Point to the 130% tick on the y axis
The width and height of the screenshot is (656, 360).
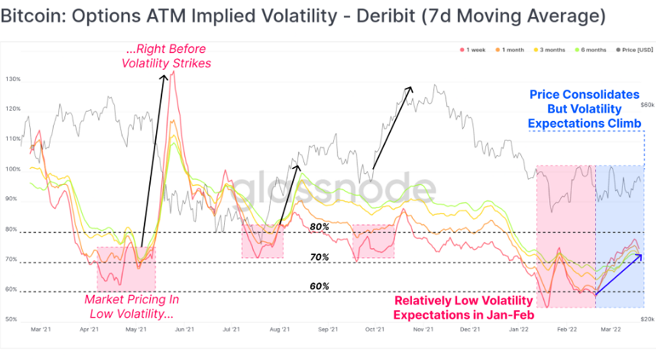(x=12, y=79)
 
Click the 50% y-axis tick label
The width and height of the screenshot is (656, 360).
(x=12, y=320)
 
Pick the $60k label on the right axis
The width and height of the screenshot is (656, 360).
(x=647, y=105)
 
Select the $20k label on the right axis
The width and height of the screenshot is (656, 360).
(x=647, y=319)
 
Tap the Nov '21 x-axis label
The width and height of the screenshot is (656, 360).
(x=423, y=330)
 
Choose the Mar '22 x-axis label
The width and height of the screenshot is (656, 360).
(x=611, y=330)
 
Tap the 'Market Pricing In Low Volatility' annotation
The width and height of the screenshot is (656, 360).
(x=132, y=307)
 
